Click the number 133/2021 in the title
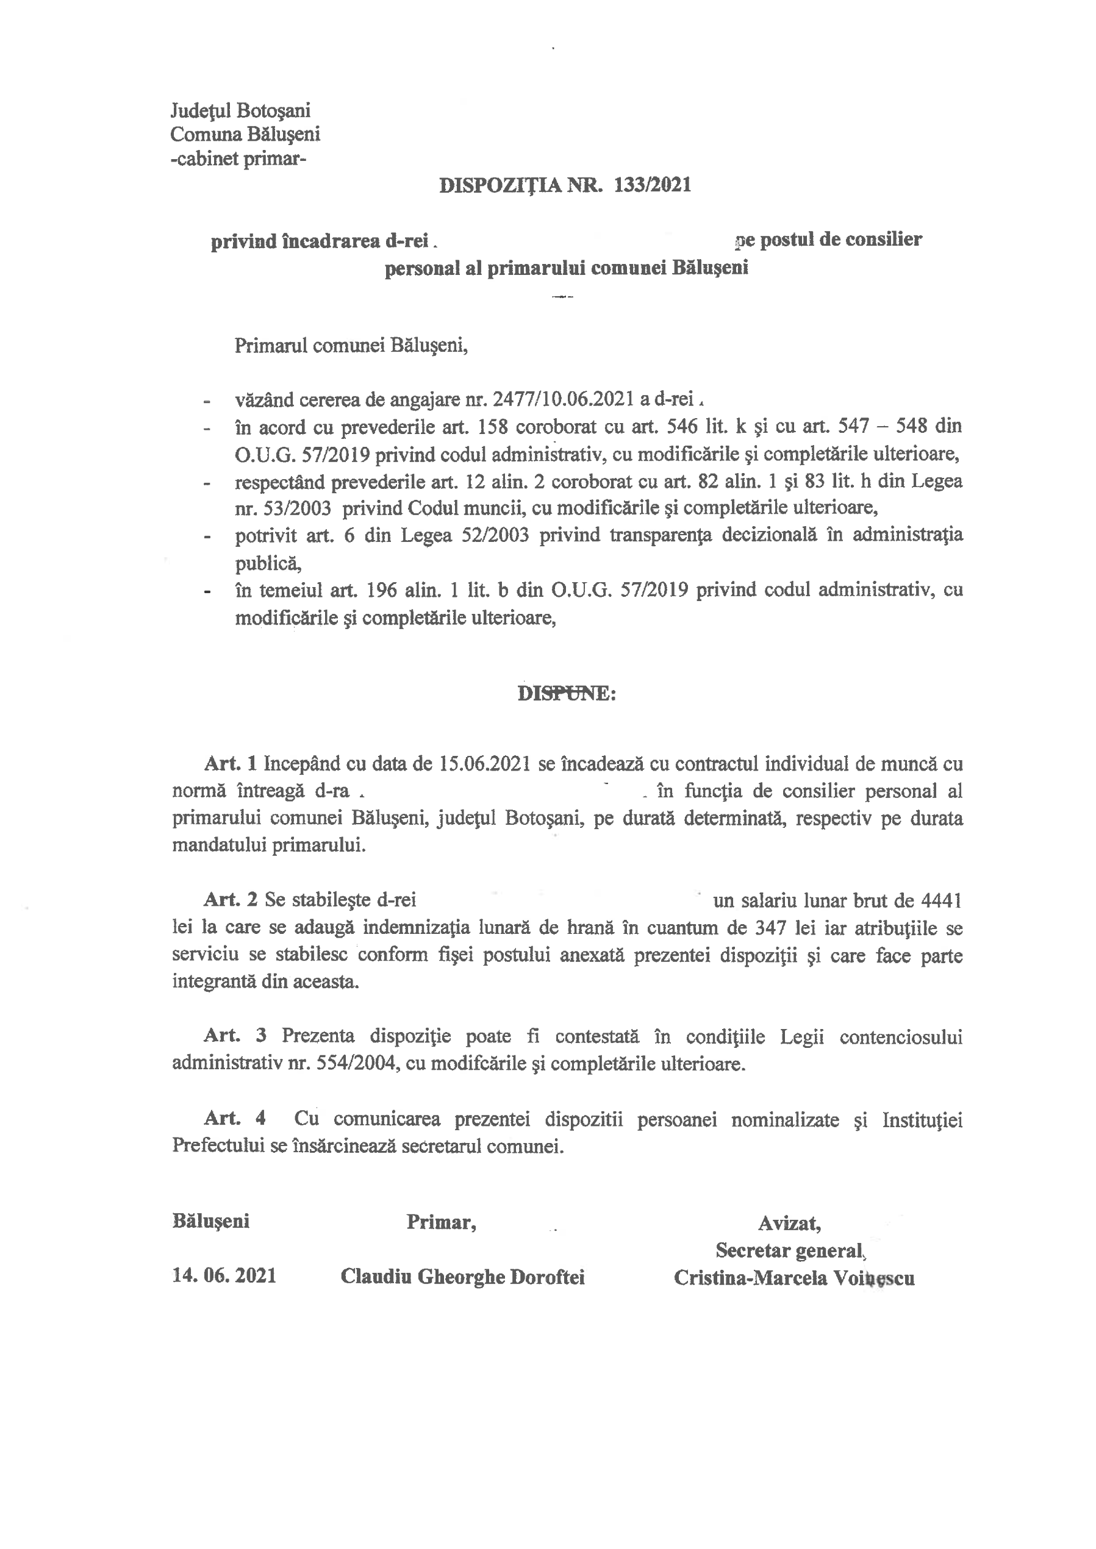tap(653, 185)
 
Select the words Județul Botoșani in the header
tap(240, 110)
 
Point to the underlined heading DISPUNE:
tap(566, 694)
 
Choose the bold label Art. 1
tap(231, 764)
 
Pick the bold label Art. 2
tap(231, 899)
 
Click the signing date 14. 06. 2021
tap(224, 1275)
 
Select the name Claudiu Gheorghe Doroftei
tap(462, 1277)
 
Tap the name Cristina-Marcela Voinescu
tap(793, 1278)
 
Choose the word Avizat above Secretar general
tap(789, 1222)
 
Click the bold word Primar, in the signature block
tap(442, 1222)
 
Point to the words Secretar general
tap(790, 1250)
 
